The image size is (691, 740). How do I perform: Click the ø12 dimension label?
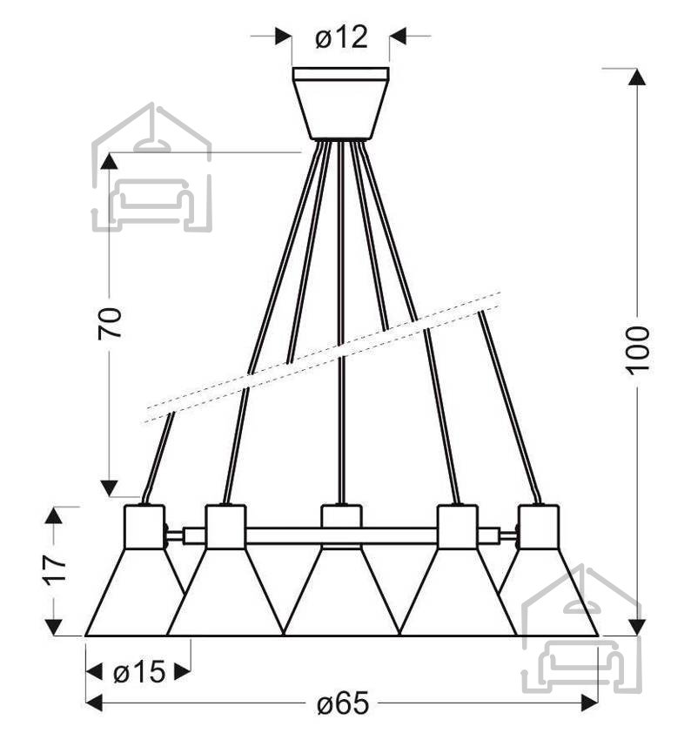point(341,37)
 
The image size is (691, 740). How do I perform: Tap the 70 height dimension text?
point(110,323)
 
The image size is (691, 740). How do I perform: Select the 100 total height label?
point(638,351)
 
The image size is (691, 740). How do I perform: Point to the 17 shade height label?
point(55,571)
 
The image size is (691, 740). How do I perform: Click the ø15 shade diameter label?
point(139,671)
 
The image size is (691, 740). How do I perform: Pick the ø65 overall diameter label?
point(342,703)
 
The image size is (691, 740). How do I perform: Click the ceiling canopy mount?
point(340,104)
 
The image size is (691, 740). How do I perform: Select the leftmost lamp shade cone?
point(133,592)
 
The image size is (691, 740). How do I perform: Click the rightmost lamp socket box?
point(538,527)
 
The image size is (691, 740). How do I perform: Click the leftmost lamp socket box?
point(144,527)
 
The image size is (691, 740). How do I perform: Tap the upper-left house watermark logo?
point(151,167)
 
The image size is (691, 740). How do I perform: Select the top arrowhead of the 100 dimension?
point(637,77)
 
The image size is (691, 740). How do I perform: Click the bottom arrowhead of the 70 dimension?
point(110,488)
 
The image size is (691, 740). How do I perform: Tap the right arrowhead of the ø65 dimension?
point(589,703)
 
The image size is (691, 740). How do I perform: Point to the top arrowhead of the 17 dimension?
point(53,515)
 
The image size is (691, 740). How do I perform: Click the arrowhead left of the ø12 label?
point(283,36)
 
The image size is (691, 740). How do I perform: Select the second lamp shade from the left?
point(225,592)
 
